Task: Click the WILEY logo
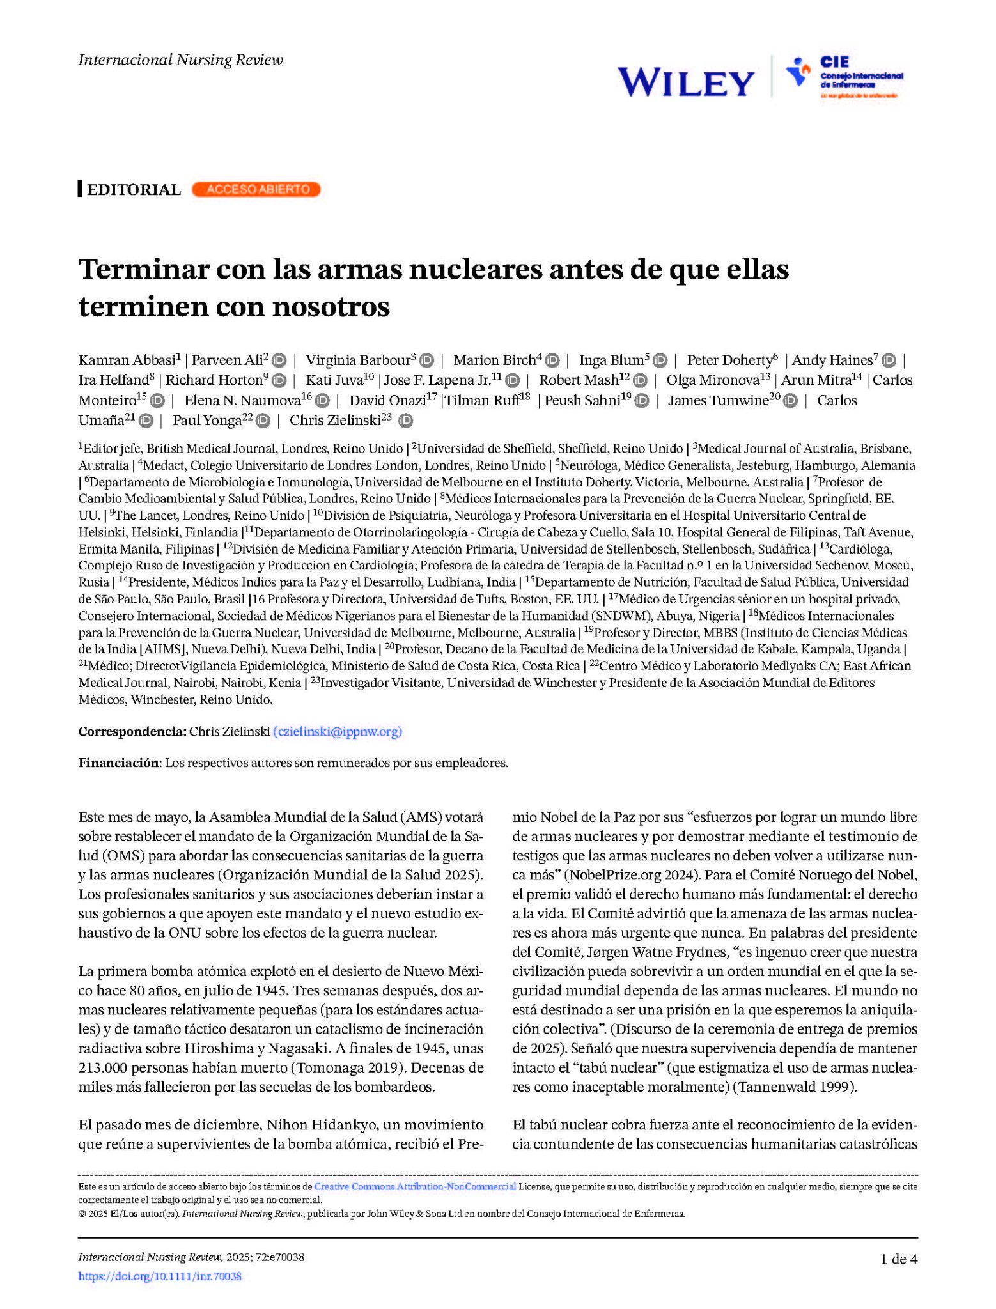point(686,82)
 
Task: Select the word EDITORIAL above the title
point(134,190)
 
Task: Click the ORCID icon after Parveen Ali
point(279,360)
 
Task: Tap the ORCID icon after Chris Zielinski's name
point(405,421)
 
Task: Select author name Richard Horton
point(214,380)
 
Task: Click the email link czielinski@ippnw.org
point(338,732)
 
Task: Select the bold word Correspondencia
point(132,732)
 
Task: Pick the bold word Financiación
point(118,763)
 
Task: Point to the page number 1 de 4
point(898,1259)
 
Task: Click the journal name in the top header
point(180,60)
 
